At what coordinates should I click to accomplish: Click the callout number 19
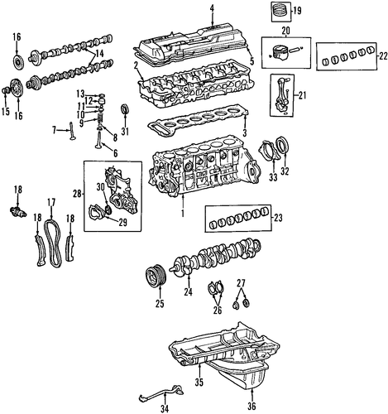pos(297,12)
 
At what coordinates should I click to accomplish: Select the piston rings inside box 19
pos(281,11)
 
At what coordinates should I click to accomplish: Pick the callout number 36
pos(251,406)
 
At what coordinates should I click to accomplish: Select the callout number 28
pos(78,195)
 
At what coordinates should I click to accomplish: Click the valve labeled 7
pos(71,132)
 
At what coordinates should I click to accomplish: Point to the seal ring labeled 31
pos(125,108)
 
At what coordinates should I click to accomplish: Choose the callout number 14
pos(99,53)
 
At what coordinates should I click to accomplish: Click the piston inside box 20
pos(281,54)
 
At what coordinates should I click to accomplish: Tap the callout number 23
pos(278,219)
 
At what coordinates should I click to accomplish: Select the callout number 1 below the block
pos(183,214)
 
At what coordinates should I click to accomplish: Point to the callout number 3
pos(244,133)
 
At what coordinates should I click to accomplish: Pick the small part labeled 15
pos(6,90)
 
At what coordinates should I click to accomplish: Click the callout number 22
pos(383,56)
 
